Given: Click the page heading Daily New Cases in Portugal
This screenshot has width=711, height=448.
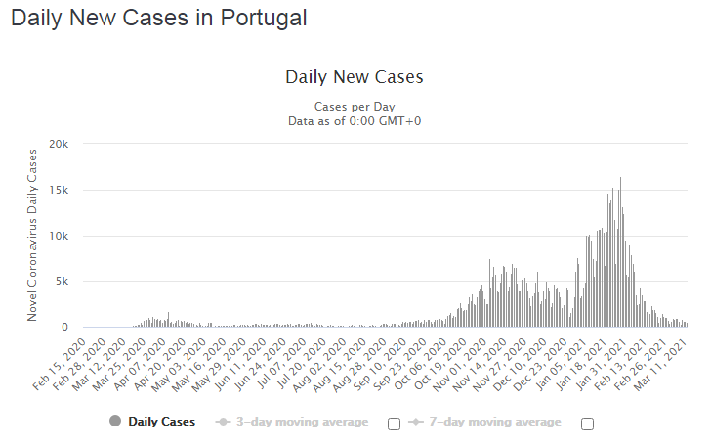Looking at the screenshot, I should (158, 18).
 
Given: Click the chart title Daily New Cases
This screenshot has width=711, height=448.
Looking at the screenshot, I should (355, 76).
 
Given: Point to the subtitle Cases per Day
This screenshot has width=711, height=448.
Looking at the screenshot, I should (355, 106).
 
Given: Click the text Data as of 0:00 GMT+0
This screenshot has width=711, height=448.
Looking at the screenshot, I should (355, 120).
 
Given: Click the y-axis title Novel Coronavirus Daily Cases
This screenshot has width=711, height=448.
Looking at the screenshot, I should (32, 235).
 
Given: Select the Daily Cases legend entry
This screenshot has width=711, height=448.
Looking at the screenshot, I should (161, 422).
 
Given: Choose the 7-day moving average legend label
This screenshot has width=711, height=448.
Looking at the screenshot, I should (495, 422).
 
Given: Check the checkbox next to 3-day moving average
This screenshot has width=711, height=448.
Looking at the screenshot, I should (395, 424).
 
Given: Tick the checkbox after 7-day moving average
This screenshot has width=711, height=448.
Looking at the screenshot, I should (588, 424).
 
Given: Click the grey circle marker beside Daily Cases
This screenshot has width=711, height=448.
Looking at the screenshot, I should (115, 422).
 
